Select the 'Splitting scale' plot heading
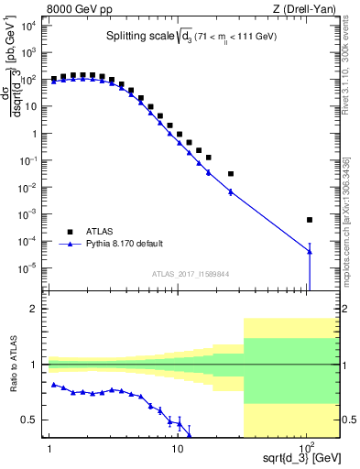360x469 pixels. tap(187, 38)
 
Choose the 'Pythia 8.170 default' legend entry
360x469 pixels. tap(124, 244)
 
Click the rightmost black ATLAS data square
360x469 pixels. tap(310, 220)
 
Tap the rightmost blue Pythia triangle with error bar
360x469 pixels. tap(310, 252)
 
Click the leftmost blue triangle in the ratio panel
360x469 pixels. tap(54, 385)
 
